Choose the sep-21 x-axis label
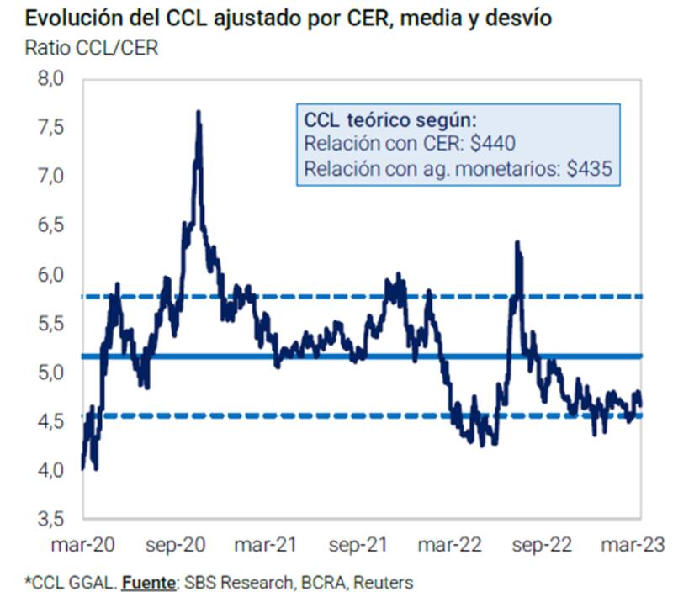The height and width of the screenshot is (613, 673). click(359, 545)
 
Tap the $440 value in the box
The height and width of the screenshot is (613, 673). click(493, 143)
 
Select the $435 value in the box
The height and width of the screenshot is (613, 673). click(589, 168)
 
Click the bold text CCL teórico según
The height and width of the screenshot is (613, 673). click(389, 119)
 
